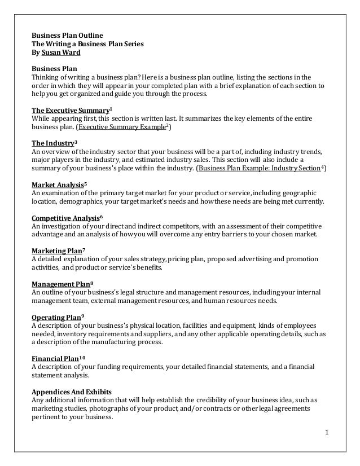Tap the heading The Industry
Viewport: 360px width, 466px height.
52,143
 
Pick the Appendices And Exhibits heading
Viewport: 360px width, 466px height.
72,392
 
